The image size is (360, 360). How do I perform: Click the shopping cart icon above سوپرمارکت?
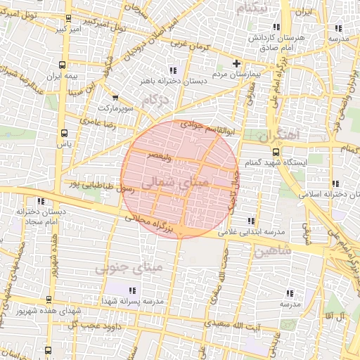[x=115, y=98]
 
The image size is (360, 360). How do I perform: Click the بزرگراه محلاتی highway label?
[x=153, y=222]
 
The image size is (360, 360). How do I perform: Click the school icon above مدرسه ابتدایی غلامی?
[x=251, y=221]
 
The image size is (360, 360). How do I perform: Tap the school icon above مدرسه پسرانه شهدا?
[x=131, y=290]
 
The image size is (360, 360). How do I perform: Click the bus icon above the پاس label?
[x=65, y=131]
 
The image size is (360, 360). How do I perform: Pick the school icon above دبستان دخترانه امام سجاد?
[x=37, y=200]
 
